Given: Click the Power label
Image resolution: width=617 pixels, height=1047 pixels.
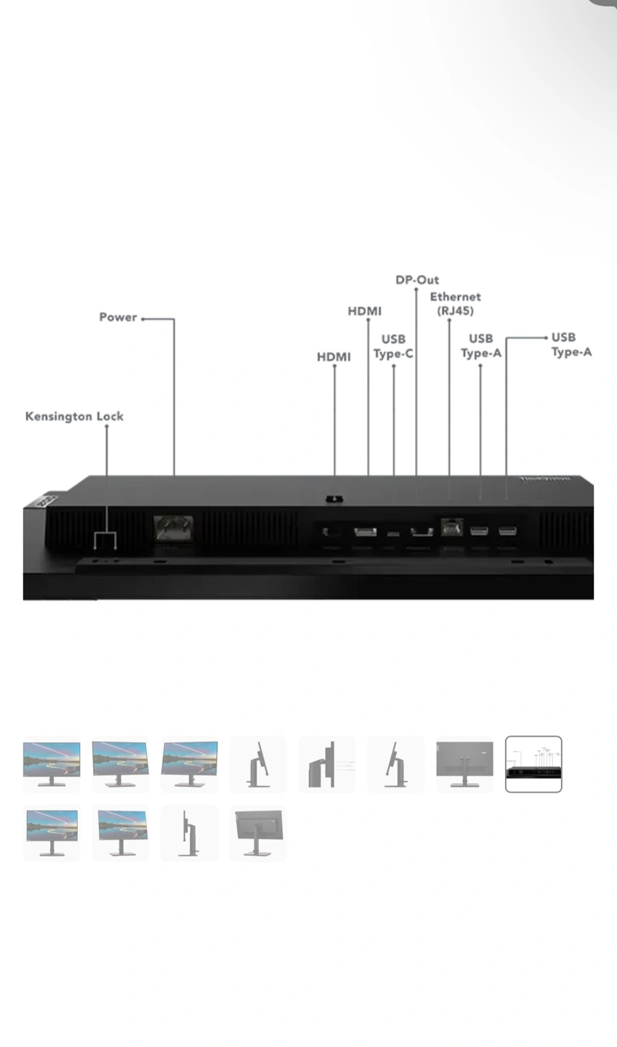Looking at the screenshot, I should click(x=118, y=317).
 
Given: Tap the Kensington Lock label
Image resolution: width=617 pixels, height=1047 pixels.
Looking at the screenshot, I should click(x=74, y=417).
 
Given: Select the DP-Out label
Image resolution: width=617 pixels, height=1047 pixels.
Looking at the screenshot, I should click(x=417, y=280).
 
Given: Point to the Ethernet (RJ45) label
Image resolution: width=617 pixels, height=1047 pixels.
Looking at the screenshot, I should click(x=455, y=304).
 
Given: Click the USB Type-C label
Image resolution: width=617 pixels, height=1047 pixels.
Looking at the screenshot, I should click(x=393, y=346).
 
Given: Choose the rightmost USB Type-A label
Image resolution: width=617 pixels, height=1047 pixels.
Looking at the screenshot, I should click(x=571, y=345).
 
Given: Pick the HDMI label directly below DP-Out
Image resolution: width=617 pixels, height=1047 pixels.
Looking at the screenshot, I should click(x=364, y=311).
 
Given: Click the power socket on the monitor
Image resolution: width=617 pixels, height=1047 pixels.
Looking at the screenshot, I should click(x=173, y=527).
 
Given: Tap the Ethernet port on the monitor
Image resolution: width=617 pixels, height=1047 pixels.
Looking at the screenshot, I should click(x=451, y=528).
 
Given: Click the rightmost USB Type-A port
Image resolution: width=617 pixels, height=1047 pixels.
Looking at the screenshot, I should click(x=507, y=531).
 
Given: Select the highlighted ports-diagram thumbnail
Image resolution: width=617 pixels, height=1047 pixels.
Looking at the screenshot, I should click(x=533, y=763).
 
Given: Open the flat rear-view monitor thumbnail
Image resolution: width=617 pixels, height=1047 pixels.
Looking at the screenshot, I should click(x=464, y=763).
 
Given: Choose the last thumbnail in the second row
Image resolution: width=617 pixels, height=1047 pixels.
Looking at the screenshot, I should click(x=258, y=833).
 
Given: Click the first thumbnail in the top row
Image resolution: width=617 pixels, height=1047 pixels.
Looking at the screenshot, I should click(x=52, y=763).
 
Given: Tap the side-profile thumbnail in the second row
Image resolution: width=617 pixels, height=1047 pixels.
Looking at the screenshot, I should click(x=189, y=833).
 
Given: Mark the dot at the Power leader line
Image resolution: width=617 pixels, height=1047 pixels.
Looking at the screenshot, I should click(x=143, y=318).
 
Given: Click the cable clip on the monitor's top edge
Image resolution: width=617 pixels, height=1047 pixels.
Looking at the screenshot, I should click(x=334, y=499).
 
